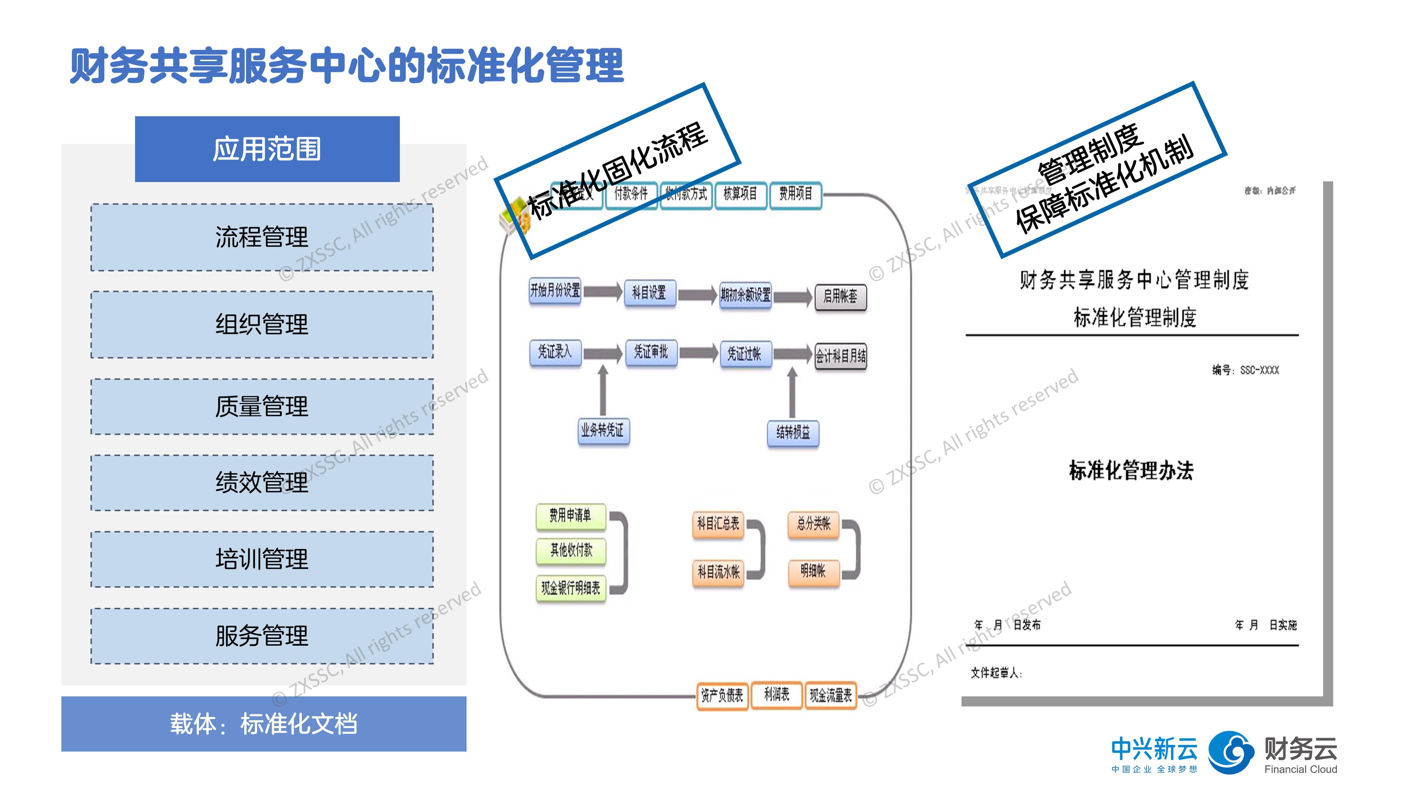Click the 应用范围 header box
267,149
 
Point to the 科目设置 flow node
650,293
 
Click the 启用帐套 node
840,297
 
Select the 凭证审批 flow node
651,353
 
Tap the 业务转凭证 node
603,431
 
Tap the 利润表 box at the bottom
776,694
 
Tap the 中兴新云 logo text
1154,749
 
